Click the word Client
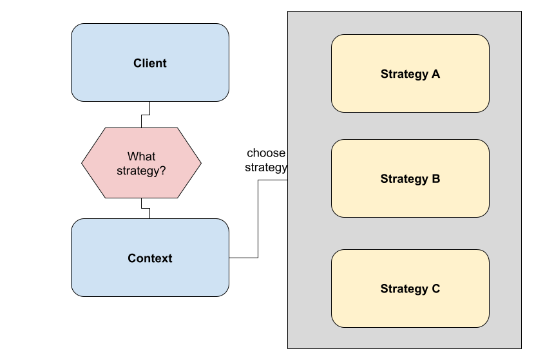pyautogui.click(x=149, y=63)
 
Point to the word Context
pyautogui.click(x=149, y=258)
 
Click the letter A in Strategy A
pyautogui.click(x=435, y=74)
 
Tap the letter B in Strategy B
pyautogui.click(x=435, y=179)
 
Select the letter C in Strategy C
pyautogui.click(x=435, y=289)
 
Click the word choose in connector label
pyautogui.click(x=265, y=153)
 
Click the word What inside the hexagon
pyautogui.click(x=141, y=156)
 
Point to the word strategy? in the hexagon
pyautogui.click(x=141, y=171)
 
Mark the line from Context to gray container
pyautogui.click(x=258, y=219)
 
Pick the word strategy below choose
pyautogui.click(x=265, y=168)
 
